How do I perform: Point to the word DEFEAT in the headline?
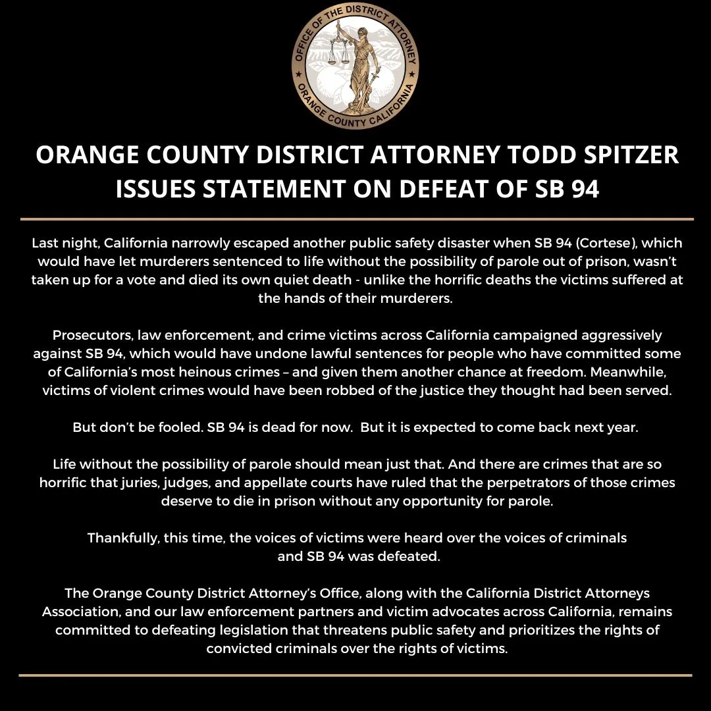point(447,189)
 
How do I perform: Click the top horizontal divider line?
point(355,218)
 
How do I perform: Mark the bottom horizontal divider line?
point(355,675)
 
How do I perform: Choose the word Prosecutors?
point(90,336)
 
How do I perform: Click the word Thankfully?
point(122,538)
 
